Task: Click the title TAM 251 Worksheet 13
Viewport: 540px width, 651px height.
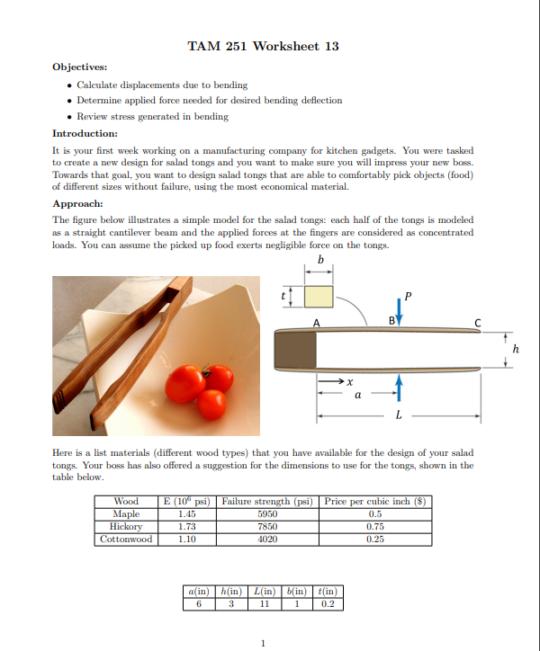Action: pos(263,46)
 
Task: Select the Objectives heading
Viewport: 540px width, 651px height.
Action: pos(79,67)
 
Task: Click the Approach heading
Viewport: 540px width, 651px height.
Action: pos(77,204)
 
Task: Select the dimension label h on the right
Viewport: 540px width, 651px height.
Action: pos(516,348)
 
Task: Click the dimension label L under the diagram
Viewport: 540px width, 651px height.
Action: pos(399,417)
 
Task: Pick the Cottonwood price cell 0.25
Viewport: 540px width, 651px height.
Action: pos(375,539)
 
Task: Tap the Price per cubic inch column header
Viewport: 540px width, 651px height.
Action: pos(376,502)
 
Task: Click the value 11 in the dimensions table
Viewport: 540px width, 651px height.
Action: pos(265,603)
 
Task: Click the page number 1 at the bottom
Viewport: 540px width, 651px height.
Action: pos(262,642)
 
